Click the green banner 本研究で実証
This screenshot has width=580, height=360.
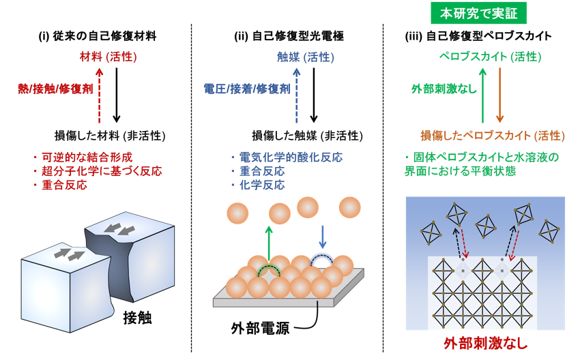click(478, 14)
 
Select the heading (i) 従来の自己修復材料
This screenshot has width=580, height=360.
click(98, 36)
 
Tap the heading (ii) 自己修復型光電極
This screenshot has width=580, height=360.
click(289, 36)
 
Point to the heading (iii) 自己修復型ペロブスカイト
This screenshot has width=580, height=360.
click(478, 36)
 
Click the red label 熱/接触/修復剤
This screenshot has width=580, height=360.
click(55, 89)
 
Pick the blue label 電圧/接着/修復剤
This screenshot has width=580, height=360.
click(247, 89)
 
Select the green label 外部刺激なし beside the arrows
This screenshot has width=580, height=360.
click(444, 89)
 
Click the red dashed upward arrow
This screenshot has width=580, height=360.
click(99, 95)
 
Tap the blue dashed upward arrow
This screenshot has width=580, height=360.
click(296, 95)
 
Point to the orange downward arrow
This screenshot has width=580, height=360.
click(499, 95)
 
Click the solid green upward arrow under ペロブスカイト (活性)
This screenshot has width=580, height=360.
click(482, 95)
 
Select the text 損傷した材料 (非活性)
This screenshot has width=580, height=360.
click(110, 136)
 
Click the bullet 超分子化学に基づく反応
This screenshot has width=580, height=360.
click(98, 171)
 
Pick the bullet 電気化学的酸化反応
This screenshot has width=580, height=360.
click(287, 157)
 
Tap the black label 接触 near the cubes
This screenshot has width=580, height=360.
click(137, 318)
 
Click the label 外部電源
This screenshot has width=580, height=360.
click(261, 328)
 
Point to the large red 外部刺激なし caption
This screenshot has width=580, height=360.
click(486, 344)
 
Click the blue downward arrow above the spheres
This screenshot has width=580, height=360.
click(322, 237)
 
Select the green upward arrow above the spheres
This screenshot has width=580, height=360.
click(269, 244)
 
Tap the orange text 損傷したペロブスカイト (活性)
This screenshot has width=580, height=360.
click(493, 136)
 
